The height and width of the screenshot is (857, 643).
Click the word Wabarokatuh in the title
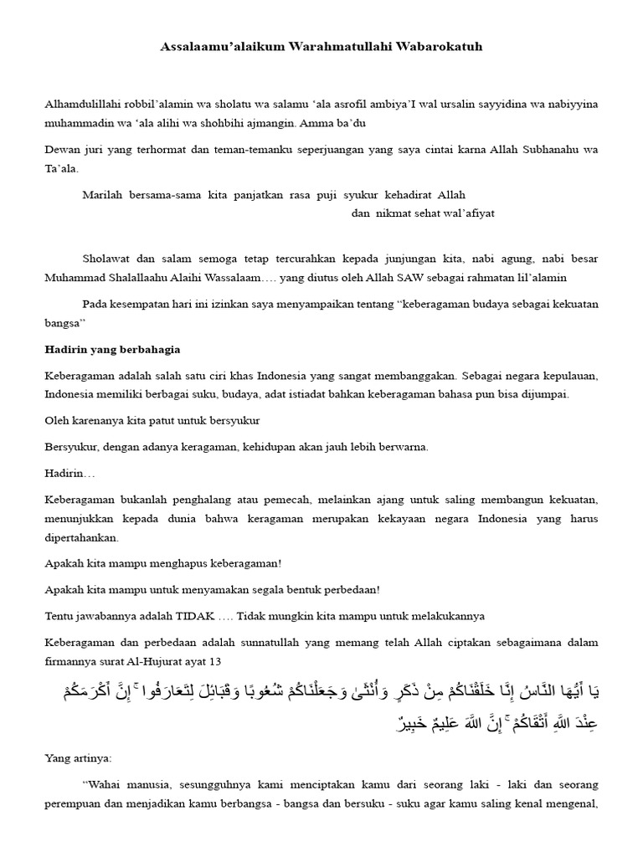click(x=440, y=48)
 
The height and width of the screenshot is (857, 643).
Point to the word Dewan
click(x=61, y=150)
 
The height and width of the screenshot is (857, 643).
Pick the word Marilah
click(x=101, y=195)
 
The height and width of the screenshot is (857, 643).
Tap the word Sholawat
click(x=106, y=259)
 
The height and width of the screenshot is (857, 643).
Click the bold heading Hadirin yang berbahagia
click(x=112, y=348)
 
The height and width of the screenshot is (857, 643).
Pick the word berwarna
click(x=404, y=447)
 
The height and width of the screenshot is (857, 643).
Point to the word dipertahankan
click(x=82, y=537)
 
